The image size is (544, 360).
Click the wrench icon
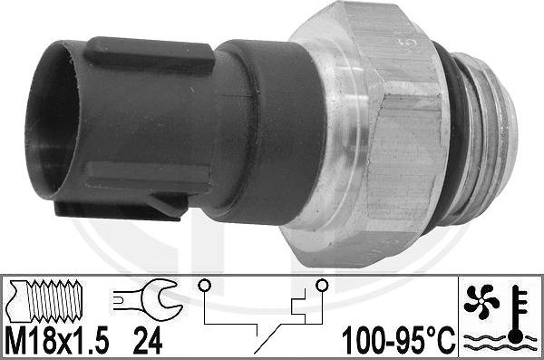point(142,299)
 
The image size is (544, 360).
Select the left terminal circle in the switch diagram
point(206,285)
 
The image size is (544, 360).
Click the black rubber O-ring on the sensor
point(451,136)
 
